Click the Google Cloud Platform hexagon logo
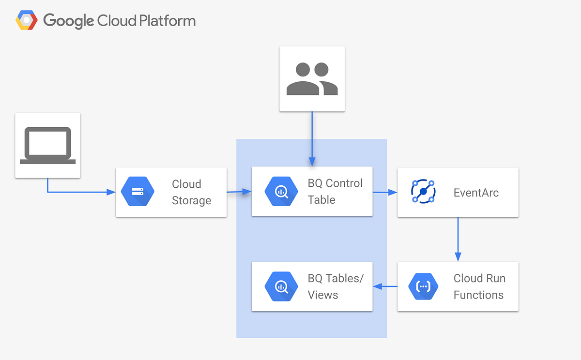pos(27,21)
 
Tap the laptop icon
pos(47,145)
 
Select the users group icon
pos(312,78)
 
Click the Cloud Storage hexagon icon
pos(138,192)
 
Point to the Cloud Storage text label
pos(191,192)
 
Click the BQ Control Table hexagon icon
pos(281,192)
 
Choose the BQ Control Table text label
pos(335,192)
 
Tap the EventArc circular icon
pos(423,192)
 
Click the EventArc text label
pos(476,193)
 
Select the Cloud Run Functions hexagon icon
pos(423,286)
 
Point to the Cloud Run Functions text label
pos(479,286)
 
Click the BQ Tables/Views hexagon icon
pos(281,286)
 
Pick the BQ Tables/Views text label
pos(335,286)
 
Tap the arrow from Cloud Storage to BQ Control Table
pos(239,192)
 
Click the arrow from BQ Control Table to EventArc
pos(385,192)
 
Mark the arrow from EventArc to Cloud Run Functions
pos(458,239)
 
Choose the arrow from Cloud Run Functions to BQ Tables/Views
pos(385,286)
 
